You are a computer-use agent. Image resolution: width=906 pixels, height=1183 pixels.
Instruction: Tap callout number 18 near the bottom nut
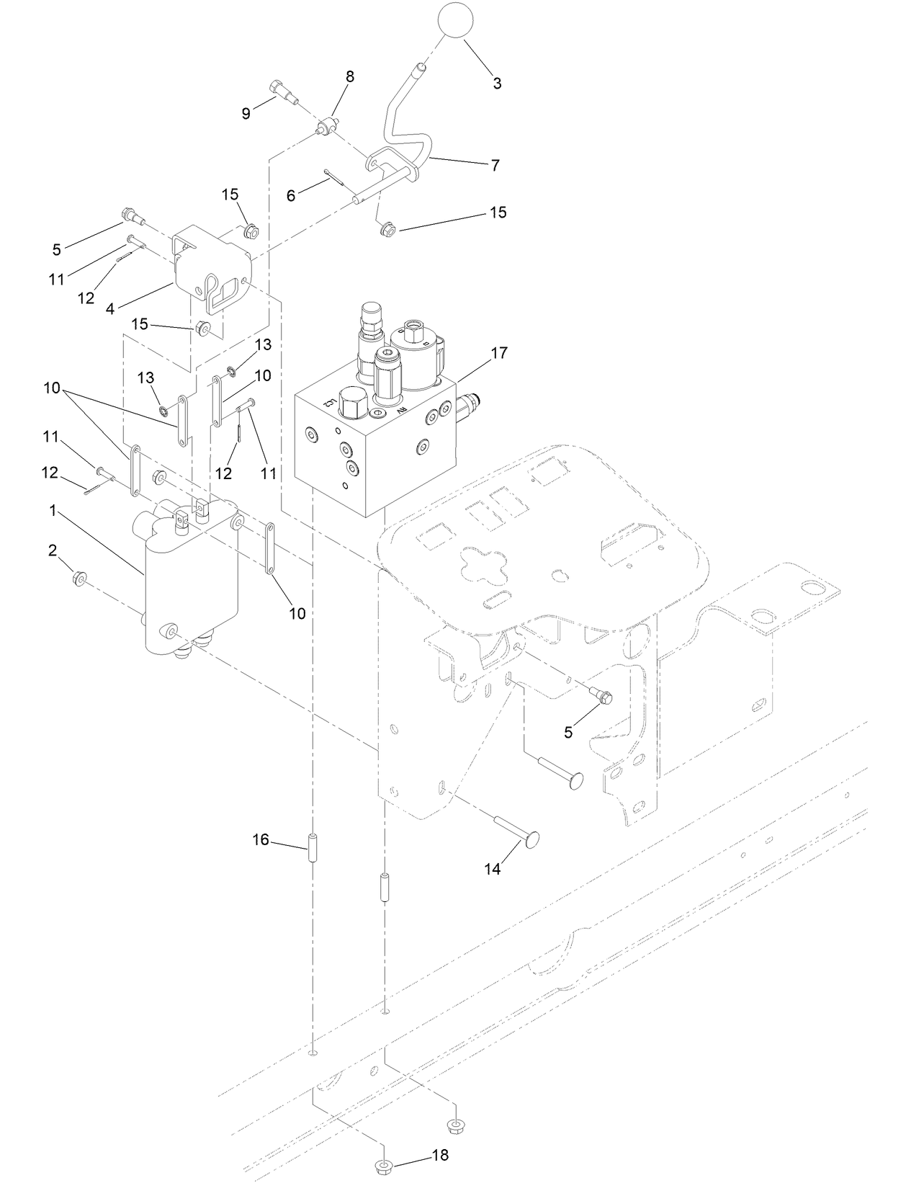(x=440, y=1155)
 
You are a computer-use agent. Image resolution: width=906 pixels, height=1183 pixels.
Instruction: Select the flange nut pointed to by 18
(x=384, y=1164)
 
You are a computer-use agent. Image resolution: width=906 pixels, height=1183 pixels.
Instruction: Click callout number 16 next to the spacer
(x=261, y=839)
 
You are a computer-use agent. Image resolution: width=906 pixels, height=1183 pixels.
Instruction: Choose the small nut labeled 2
(x=80, y=577)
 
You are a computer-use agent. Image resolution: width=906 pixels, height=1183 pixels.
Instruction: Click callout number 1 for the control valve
(x=53, y=510)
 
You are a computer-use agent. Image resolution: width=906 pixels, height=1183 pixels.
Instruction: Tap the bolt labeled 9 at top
(x=283, y=91)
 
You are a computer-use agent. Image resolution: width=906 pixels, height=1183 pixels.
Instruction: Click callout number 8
(x=350, y=76)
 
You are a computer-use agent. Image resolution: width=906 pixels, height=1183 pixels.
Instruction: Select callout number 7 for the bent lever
(x=495, y=165)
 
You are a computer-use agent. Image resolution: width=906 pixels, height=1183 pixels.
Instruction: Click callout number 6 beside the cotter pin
(x=291, y=195)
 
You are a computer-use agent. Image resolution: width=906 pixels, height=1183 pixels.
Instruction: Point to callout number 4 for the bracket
(x=110, y=310)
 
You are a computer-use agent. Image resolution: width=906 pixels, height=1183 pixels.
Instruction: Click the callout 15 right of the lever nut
(x=498, y=213)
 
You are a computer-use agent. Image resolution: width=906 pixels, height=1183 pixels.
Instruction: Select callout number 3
(x=497, y=83)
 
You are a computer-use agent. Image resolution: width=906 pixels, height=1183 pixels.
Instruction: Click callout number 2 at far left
(x=53, y=550)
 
